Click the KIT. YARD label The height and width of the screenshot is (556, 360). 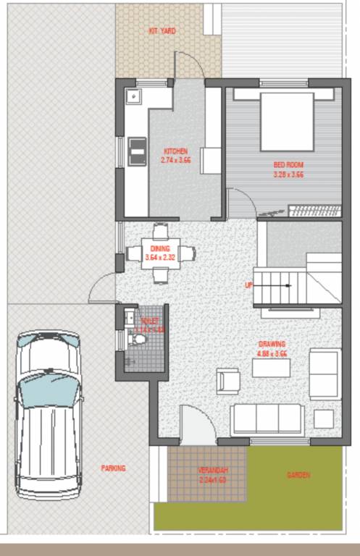coord(162,31)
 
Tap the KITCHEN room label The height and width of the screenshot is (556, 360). coord(175,151)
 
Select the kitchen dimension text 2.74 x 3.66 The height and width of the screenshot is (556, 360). coord(175,160)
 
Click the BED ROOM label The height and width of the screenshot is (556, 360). coord(288,164)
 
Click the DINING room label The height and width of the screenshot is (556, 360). coord(160,248)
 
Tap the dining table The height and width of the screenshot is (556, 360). coord(161,253)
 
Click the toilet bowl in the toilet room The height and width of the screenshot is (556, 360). coord(141,339)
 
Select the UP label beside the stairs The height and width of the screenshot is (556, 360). coord(248,285)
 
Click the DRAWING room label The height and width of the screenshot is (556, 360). coord(272,344)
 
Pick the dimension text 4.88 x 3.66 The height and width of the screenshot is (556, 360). coord(272,353)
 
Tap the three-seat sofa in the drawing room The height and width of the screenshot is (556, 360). coord(267,418)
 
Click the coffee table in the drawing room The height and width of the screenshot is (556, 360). coord(271,368)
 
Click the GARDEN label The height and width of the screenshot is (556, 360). coord(298,475)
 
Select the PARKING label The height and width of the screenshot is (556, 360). coord(113,468)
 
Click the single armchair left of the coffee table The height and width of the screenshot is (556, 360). coord(227,381)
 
